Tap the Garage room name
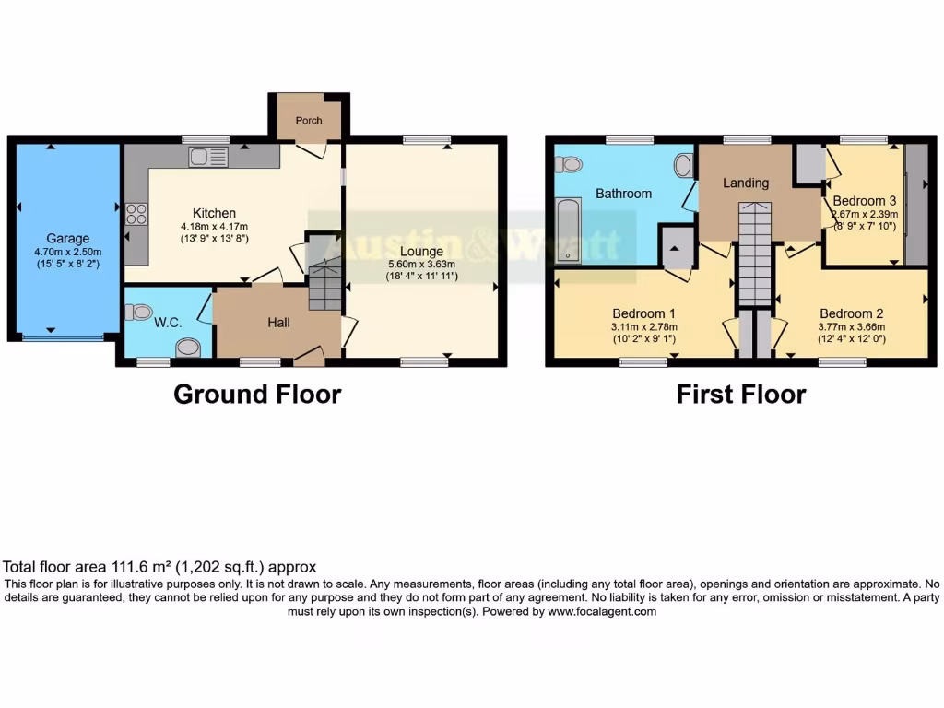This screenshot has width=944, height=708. point(68,239)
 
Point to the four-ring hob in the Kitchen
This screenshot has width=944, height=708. point(136,214)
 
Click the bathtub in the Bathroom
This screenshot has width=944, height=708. point(568,231)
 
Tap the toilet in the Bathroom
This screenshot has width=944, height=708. point(569,164)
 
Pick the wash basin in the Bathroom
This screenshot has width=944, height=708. point(683,166)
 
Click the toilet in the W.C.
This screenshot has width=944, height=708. point(139,313)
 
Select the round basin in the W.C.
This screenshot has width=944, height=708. point(187,348)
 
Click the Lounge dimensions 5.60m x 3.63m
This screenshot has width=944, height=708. point(421,264)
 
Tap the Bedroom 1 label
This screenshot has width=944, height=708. point(643,313)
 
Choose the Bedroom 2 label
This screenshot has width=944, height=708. point(851,313)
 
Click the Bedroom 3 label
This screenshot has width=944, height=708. point(864,201)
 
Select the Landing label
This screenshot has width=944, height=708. point(745,183)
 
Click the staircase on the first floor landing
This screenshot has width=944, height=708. point(755,254)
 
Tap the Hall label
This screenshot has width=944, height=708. point(278,323)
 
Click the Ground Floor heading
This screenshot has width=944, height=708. point(257,395)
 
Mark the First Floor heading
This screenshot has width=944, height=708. point(740,395)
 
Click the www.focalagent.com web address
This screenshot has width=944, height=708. point(601,611)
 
